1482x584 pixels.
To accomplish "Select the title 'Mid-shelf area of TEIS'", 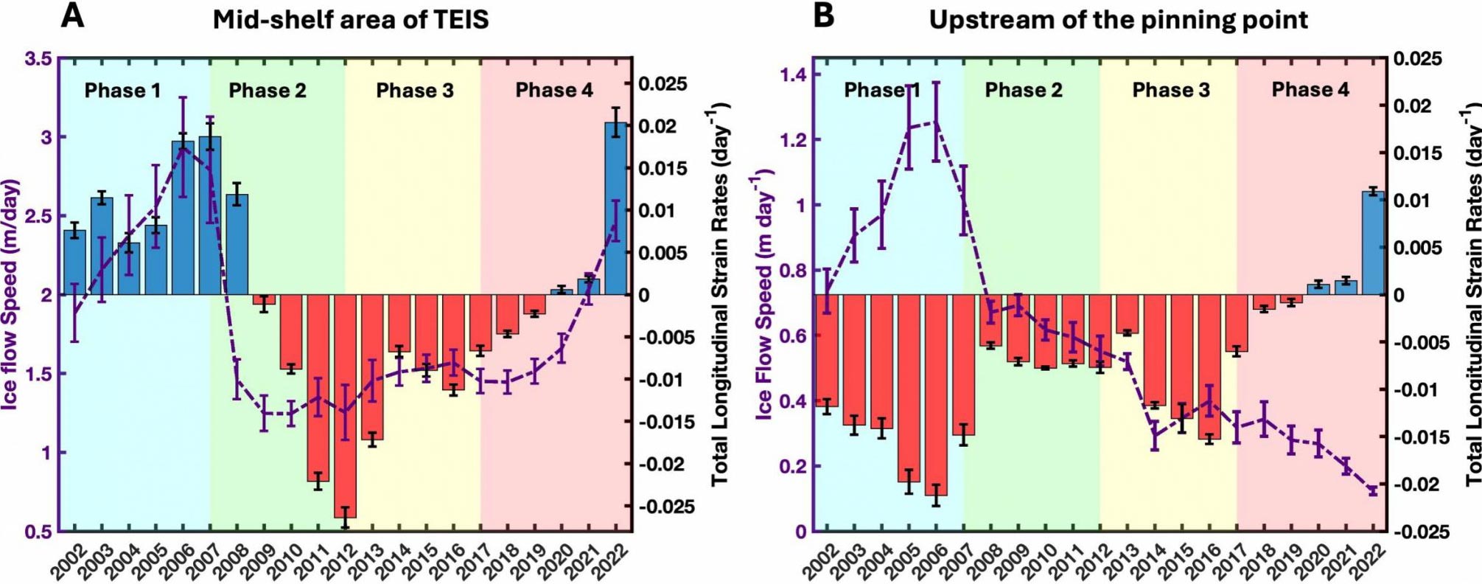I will tap(351, 19).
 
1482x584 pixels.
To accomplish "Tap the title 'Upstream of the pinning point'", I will tap(1118, 20).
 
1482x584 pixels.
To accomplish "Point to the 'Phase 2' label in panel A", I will tap(267, 91).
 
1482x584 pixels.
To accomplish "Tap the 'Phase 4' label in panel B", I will tap(1310, 90).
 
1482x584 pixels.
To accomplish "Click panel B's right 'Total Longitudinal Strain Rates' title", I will tap(1472, 295).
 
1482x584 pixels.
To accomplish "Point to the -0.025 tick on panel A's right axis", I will tap(666, 507).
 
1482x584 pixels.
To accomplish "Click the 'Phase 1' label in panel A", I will tap(122, 91).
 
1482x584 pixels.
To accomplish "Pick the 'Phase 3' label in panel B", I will tap(1171, 90).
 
